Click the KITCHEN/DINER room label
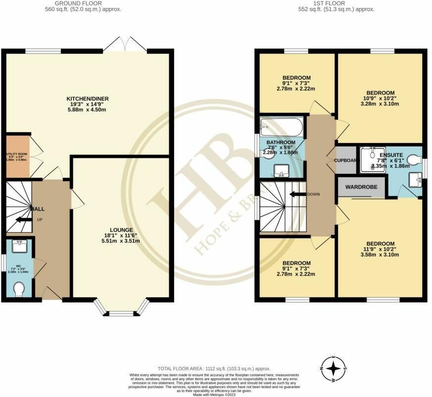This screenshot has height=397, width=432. coord(88,99)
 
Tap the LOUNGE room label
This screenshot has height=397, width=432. coord(121,230)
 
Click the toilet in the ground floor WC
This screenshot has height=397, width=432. coord(19,288)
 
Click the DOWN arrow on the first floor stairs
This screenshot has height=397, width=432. coord(298,194)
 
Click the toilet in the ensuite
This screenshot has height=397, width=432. coord(414,159)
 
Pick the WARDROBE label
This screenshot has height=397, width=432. coord(361,187)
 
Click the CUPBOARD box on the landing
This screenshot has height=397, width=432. coord(346,160)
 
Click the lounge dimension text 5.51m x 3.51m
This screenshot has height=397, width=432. coord(121,241)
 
